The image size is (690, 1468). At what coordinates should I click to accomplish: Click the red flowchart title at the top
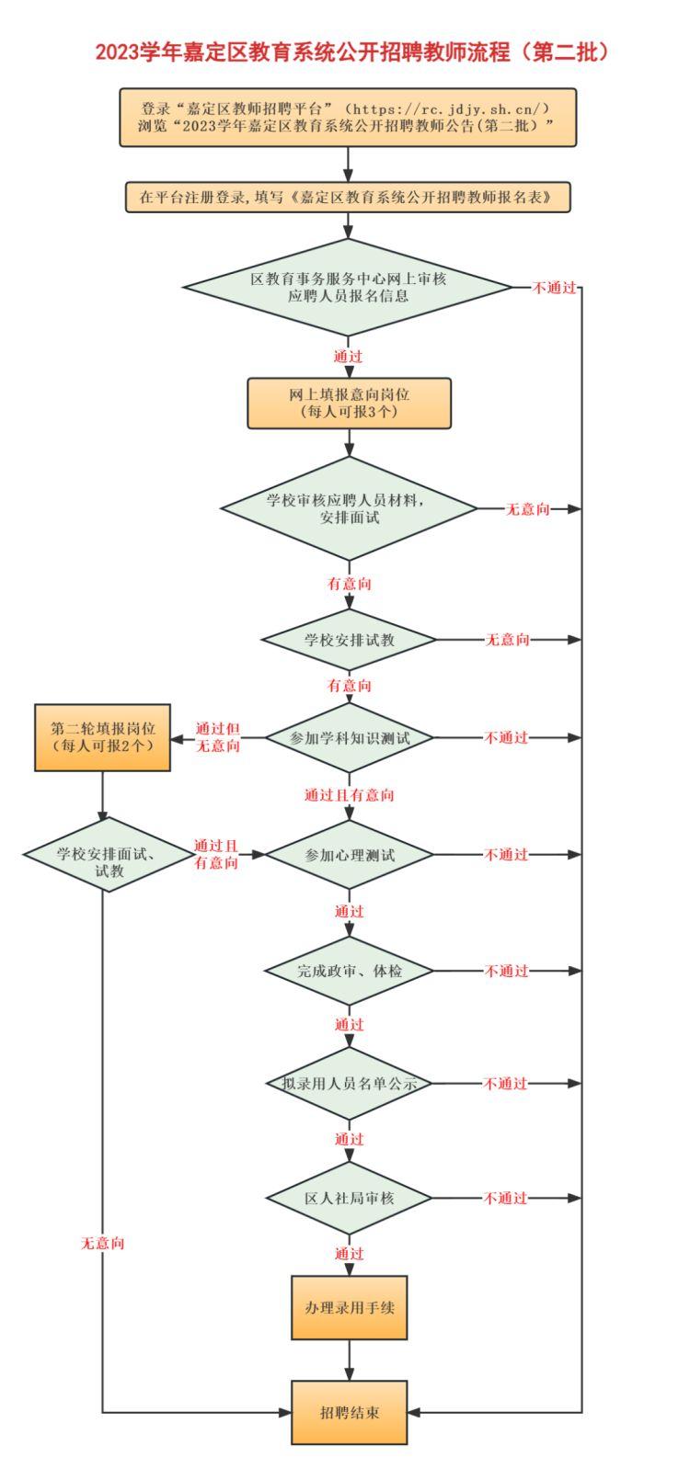351,51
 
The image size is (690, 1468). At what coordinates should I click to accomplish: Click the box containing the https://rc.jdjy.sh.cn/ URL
348,118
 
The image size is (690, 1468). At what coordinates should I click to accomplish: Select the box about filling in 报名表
348,197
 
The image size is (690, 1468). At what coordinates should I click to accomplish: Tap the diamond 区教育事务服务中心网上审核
348,287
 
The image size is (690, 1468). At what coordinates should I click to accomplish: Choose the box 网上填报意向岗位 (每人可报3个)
349,403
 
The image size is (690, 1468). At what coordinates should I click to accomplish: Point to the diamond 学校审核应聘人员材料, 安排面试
349,508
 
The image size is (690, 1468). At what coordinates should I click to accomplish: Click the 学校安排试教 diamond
349,640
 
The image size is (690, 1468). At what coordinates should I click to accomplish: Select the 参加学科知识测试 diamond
349,738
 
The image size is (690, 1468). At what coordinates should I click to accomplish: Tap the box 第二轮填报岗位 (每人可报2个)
102,737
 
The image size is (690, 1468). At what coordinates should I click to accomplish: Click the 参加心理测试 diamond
349,855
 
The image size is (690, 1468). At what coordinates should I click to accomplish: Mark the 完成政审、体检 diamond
349,971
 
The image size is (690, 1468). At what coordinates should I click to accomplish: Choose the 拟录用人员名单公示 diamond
349,1084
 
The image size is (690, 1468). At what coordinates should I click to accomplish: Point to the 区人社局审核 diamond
349,1198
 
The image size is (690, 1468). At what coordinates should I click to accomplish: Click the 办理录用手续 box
349,1307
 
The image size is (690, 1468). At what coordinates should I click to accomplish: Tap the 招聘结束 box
349,1412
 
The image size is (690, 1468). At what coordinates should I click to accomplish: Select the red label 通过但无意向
218,737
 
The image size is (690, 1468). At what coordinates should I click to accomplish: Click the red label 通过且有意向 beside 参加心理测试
216,854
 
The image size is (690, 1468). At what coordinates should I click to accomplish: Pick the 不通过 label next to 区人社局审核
506,1198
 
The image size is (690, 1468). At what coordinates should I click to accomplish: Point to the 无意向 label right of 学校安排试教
507,640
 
